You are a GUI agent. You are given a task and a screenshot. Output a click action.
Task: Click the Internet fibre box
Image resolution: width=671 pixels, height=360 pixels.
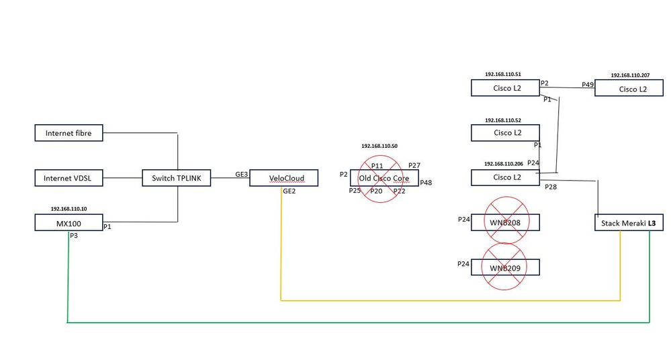(x=68, y=133)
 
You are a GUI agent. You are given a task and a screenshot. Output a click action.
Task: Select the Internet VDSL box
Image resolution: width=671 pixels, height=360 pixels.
(x=68, y=178)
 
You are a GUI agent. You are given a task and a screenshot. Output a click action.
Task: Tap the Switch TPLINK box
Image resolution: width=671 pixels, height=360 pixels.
(x=177, y=178)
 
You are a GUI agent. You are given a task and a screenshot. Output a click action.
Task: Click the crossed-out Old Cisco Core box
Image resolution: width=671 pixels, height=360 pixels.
(x=384, y=178)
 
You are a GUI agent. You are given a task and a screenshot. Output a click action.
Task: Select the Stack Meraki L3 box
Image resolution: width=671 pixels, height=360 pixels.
(x=629, y=222)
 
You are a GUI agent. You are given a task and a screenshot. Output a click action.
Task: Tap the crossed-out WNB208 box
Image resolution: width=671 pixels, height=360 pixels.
(x=505, y=222)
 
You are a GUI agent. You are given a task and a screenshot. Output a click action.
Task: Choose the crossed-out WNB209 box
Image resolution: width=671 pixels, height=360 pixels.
(x=505, y=267)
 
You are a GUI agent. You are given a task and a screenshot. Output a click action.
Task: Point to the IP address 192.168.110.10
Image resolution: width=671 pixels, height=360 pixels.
(x=69, y=209)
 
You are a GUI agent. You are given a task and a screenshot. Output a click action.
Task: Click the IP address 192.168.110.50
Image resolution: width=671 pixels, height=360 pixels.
(x=379, y=146)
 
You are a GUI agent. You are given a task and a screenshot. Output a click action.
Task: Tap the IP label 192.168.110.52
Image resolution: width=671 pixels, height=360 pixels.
(x=503, y=120)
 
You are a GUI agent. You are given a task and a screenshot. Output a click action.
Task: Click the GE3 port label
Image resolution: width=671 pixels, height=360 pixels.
(x=241, y=173)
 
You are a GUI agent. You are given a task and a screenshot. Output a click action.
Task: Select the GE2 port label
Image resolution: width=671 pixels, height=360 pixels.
(x=289, y=191)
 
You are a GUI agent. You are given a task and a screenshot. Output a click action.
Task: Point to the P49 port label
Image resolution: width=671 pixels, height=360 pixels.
(x=587, y=85)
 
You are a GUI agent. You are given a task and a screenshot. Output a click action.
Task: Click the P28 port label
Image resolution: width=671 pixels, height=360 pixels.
(x=551, y=187)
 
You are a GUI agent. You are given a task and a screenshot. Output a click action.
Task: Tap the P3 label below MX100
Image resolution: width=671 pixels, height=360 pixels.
(x=74, y=236)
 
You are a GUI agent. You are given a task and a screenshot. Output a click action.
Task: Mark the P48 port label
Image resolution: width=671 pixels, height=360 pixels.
(x=426, y=182)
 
